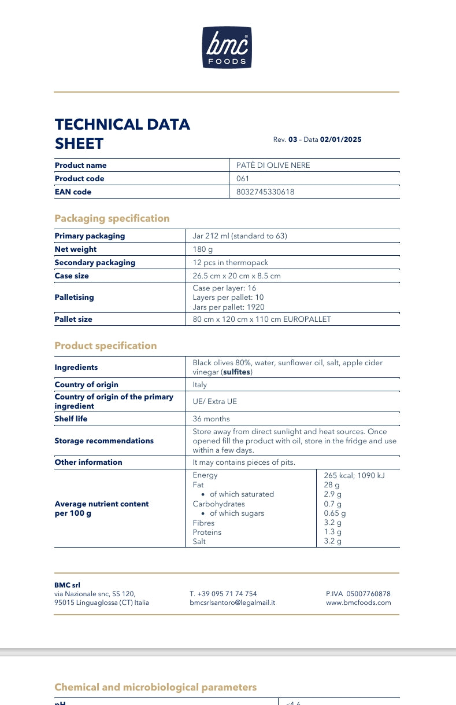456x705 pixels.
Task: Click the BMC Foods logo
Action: (x=227, y=47)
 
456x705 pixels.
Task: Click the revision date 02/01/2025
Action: (x=340, y=139)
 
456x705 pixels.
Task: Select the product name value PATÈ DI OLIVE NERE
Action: (x=273, y=166)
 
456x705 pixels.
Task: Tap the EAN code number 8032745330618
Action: (x=265, y=192)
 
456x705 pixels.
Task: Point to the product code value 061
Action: (x=243, y=179)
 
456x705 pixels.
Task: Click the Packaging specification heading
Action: (x=112, y=218)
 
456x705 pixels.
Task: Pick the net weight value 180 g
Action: (x=202, y=249)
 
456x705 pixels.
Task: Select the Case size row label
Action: (x=72, y=276)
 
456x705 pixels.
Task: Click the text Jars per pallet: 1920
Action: (x=228, y=307)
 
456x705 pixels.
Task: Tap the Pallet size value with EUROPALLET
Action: (x=262, y=320)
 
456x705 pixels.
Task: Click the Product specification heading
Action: (x=106, y=346)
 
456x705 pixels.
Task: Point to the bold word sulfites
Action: (x=237, y=372)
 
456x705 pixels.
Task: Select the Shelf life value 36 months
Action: (x=211, y=419)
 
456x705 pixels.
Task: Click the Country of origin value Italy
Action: (x=199, y=385)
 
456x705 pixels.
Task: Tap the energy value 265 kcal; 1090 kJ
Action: (x=354, y=475)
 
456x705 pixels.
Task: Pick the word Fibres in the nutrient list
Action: (x=203, y=523)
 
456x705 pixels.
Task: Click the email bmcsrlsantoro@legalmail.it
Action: (x=232, y=603)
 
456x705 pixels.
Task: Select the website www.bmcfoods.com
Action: (x=358, y=603)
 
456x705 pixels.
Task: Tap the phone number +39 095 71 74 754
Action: (x=227, y=594)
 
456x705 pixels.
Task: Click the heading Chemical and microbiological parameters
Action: (x=155, y=687)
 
